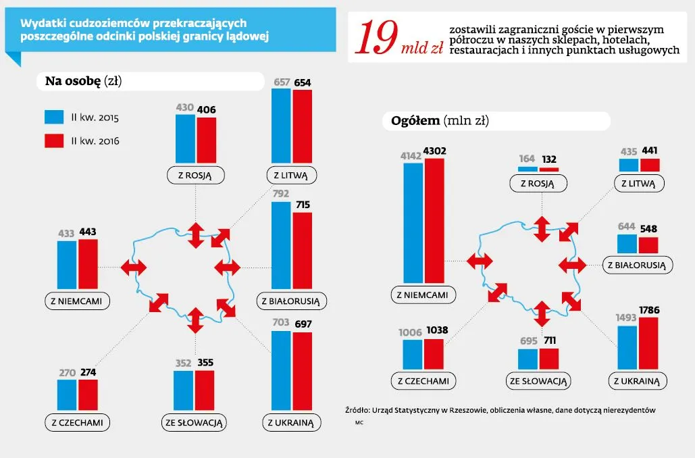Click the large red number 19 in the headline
coord(376,39)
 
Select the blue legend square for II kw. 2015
coord(53,118)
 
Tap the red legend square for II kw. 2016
coord(53,141)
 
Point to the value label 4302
coord(435,151)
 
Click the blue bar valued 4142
coord(413,223)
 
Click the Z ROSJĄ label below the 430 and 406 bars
coord(195,176)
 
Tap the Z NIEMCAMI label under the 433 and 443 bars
coord(76,301)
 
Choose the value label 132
coord(549,159)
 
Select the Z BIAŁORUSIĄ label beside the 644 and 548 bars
coord(638,265)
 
